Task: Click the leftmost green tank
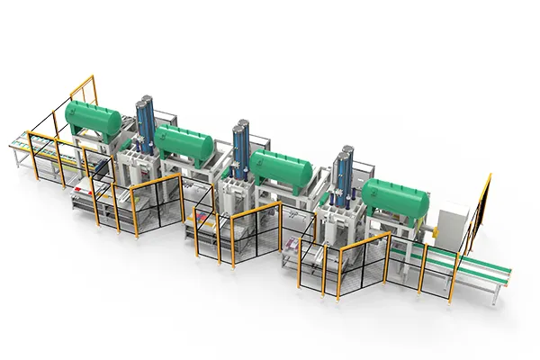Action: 93,119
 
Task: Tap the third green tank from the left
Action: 280,167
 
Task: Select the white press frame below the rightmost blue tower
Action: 342,220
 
